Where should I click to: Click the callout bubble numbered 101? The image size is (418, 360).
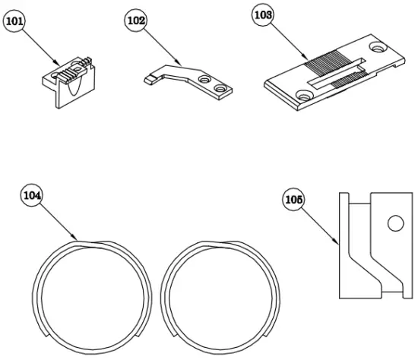click(x=14, y=22)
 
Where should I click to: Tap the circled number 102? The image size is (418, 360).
click(x=135, y=21)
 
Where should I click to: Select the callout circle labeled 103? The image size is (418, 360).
click(x=263, y=15)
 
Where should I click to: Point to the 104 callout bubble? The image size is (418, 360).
click(x=32, y=195)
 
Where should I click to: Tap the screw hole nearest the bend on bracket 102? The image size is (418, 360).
click(x=203, y=79)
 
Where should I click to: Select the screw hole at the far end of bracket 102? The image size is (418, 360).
click(x=221, y=90)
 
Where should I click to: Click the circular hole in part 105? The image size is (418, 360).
click(x=393, y=224)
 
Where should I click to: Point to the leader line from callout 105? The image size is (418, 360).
click(x=319, y=224)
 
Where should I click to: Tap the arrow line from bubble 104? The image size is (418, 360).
click(x=58, y=216)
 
